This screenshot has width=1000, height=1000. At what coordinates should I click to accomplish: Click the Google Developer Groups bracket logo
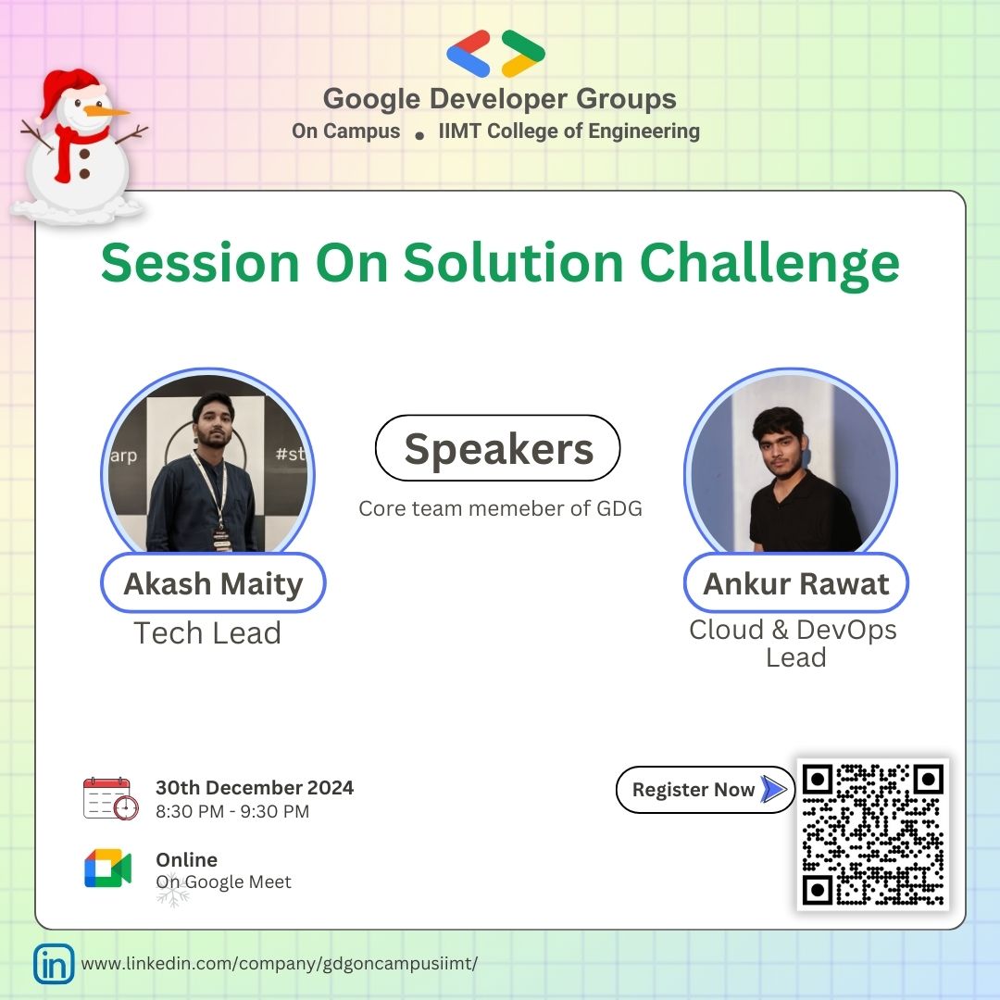(x=496, y=54)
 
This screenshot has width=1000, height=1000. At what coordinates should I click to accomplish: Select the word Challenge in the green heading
(x=769, y=263)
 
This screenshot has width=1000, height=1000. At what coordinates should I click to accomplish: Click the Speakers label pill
(x=497, y=448)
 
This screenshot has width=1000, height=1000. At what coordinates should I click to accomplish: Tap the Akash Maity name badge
(x=213, y=584)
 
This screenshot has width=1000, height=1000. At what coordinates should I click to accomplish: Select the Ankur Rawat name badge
(x=795, y=584)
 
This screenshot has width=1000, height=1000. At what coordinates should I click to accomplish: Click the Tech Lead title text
(x=207, y=633)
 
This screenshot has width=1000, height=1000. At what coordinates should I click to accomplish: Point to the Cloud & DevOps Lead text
(x=794, y=643)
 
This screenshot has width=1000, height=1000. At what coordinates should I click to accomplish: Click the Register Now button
(x=704, y=790)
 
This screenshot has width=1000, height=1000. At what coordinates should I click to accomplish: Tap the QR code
(x=872, y=834)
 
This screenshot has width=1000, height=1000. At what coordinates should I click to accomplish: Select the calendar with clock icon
(x=110, y=798)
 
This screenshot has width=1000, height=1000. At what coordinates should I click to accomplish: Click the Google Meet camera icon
(x=108, y=869)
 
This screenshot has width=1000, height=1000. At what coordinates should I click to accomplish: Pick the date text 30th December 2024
(x=255, y=788)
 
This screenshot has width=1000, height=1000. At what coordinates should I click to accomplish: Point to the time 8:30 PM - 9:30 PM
(x=232, y=812)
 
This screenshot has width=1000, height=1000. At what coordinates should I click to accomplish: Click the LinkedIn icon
(x=54, y=964)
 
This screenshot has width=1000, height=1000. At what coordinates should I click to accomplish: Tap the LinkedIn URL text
(x=280, y=964)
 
